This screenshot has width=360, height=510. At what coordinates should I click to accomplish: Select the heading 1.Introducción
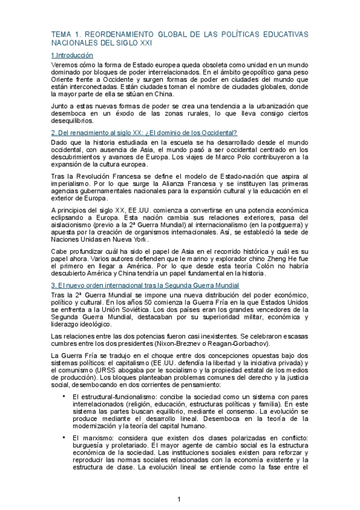tap(72, 55)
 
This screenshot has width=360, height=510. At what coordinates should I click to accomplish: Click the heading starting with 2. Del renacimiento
tap(144, 132)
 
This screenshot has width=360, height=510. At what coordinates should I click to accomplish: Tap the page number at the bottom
tap(180, 499)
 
